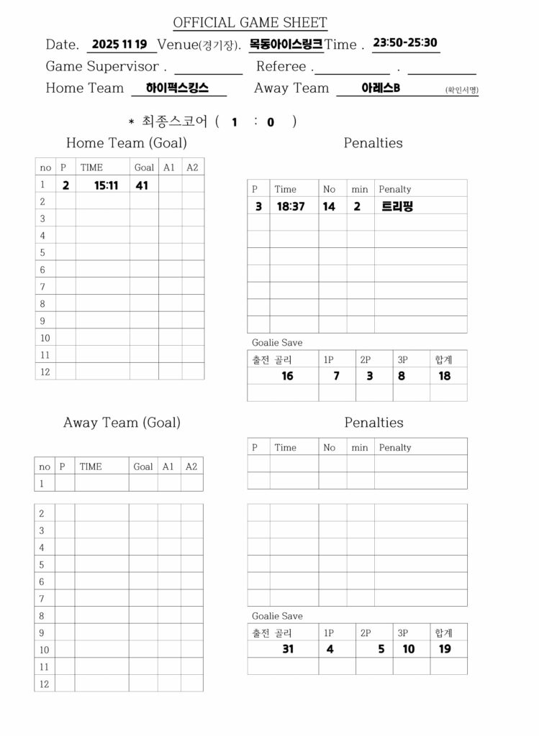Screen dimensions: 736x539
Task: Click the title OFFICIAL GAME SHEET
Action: pyautogui.click(x=250, y=23)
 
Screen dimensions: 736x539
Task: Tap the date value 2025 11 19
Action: pyautogui.click(x=119, y=44)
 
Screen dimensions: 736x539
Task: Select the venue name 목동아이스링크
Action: pyautogui.click(x=286, y=44)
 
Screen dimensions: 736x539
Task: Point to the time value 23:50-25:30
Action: pyautogui.click(x=406, y=42)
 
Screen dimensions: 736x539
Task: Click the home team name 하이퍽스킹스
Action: pyautogui.click(x=177, y=88)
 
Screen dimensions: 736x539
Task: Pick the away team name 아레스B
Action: pyautogui.click(x=381, y=88)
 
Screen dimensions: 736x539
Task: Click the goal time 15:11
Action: pyautogui.click(x=107, y=185)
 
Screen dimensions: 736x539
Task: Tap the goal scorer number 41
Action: pyautogui.click(x=142, y=185)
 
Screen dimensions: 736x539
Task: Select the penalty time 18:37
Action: pyautogui.click(x=291, y=206)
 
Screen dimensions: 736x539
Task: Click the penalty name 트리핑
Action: pyautogui.click(x=397, y=206)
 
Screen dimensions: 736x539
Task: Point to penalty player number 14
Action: pyautogui.click(x=329, y=206)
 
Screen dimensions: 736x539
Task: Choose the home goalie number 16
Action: pyautogui.click(x=287, y=376)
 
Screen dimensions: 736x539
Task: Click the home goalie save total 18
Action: pyautogui.click(x=445, y=376)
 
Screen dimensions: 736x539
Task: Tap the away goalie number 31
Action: pyautogui.click(x=288, y=649)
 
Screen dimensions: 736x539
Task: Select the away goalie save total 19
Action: pyautogui.click(x=445, y=649)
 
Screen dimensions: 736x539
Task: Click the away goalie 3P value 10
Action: pyautogui.click(x=409, y=649)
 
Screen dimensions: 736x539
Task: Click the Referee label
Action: pyautogui.click(x=285, y=67)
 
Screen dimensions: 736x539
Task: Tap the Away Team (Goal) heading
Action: pyautogui.click(x=122, y=423)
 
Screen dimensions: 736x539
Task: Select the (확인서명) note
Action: pyautogui.click(x=461, y=91)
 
